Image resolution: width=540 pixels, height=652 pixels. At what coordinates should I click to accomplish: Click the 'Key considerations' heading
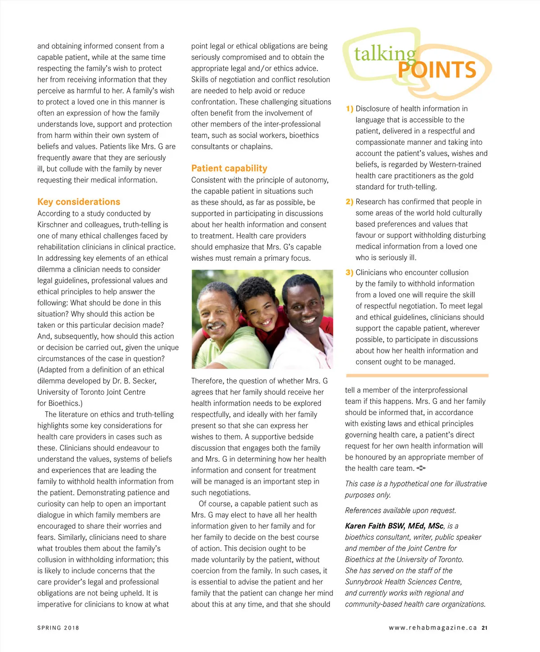point(79,202)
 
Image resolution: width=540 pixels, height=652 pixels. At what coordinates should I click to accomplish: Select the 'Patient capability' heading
point(229,168)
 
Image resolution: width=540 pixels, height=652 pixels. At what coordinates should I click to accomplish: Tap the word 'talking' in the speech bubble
point(385,54)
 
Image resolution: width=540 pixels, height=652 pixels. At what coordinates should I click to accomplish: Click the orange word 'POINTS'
point(436,70)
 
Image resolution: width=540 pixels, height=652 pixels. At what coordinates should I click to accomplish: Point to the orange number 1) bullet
point(350,109)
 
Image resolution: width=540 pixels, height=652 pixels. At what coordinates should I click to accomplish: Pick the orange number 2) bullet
point(350,202)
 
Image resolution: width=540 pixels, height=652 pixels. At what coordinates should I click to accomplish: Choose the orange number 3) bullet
point(350,272)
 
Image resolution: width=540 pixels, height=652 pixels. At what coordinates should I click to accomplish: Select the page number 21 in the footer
point(484,628)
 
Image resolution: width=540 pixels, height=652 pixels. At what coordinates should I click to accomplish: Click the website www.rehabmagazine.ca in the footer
point(432,628)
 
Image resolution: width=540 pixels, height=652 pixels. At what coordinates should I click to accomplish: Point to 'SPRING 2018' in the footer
point(58,628)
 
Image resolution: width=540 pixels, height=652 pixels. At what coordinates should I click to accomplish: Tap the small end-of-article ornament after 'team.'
point(421,469)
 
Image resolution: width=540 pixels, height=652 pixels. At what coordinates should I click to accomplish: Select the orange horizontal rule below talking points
point(417,375)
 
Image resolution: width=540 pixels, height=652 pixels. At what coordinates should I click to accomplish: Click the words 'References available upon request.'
point(400,510)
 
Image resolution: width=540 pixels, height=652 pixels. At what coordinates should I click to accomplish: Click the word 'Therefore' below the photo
point(207,381)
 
